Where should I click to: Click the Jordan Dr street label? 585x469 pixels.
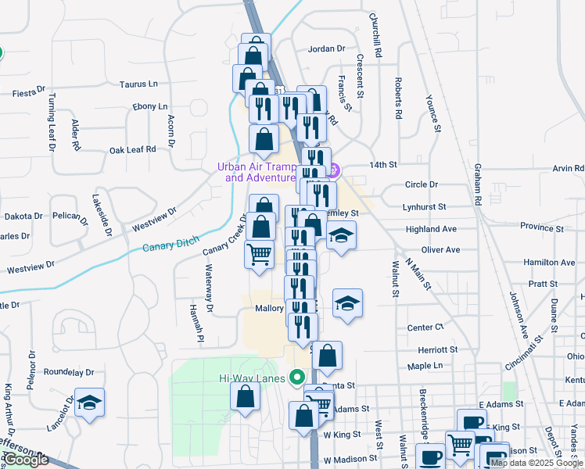[326, 48]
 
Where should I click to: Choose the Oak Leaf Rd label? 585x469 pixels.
[132, 149]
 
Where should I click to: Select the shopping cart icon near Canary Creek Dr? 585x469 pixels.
[259, 254]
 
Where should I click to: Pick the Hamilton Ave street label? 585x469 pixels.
[549, 263]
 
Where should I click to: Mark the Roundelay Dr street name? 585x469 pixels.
[69, 373]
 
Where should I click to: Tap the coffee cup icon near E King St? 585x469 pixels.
[471, 422]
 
